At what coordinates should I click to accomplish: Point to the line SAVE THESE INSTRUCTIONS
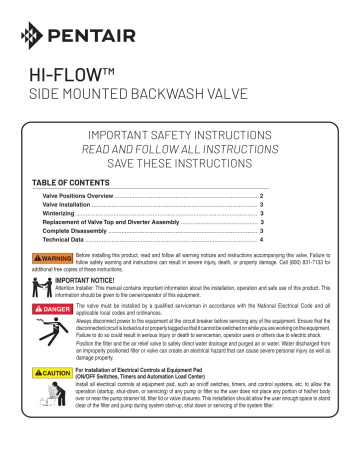click(x=178, y=168)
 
